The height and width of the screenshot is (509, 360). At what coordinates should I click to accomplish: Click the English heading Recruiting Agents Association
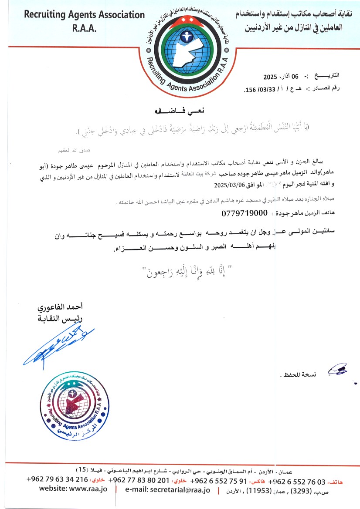tap(84, 15)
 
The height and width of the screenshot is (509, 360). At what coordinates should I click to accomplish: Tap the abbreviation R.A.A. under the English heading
tap(84, 28)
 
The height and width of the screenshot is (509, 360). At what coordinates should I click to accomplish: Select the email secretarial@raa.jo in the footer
tap(168, 490)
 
